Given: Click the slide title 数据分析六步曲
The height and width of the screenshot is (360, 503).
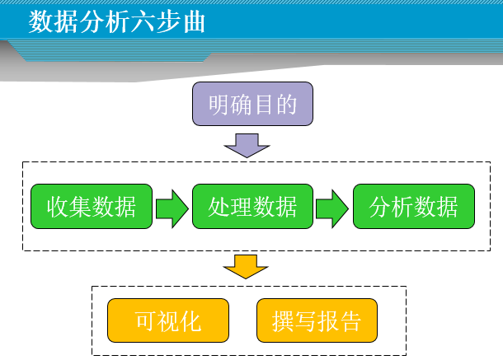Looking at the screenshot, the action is [x=117, y=21].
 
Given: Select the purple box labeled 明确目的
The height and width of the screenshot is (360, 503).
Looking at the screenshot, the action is [x=252, y=104].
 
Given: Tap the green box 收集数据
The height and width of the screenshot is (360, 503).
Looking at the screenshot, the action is [x=92, y=207].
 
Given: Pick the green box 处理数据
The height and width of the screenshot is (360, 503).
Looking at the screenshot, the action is [x=252, y=207].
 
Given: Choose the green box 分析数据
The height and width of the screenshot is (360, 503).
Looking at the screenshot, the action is [x=414, y=207].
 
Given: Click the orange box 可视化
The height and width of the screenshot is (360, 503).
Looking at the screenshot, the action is [x=168, y=320].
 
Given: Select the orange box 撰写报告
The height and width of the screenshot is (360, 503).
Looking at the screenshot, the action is [x=317, y=320].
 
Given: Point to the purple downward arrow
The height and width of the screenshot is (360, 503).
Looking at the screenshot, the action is [x=247, y=146].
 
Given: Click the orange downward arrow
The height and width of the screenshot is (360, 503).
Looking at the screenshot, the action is [x=246, y=267].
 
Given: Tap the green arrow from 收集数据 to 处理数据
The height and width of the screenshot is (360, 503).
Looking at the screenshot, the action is [x=172, y=208].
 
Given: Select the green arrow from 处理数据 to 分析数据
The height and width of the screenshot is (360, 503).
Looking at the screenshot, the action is [x=332, y=208].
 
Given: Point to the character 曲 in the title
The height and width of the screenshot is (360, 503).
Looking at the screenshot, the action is [x=195, y=22].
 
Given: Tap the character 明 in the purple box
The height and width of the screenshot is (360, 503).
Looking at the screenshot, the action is [x=219, y=105].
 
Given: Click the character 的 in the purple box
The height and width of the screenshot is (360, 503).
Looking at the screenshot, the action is [x=286, y=105].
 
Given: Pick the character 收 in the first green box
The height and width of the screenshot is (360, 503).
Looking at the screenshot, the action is [x=58, y=207].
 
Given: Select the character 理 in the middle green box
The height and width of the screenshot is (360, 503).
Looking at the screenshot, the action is [x=242, y=207].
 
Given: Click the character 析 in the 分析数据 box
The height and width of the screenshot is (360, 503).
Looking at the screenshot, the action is [x=402, y=207].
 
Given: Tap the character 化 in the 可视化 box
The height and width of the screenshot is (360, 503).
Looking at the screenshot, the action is [x=190, y=321].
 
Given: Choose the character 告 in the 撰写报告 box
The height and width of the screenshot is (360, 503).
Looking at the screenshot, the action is [x=350, y=321].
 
